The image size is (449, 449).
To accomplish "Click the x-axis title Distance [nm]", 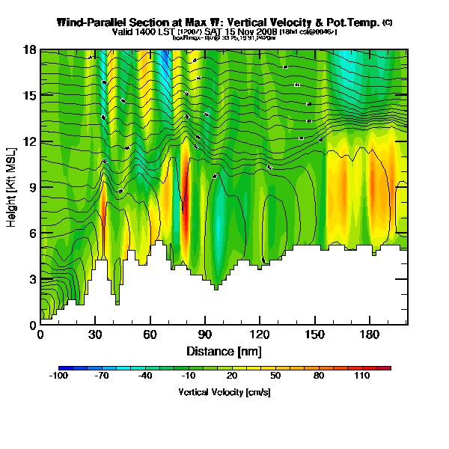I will (224, 351).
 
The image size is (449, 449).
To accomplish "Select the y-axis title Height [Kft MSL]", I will (13, 187).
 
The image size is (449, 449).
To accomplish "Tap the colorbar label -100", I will (58, 377).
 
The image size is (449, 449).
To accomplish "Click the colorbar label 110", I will (363, 377).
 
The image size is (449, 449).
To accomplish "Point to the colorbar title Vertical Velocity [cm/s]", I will (224, 392).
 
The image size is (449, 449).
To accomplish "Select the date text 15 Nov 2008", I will (250, 32).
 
